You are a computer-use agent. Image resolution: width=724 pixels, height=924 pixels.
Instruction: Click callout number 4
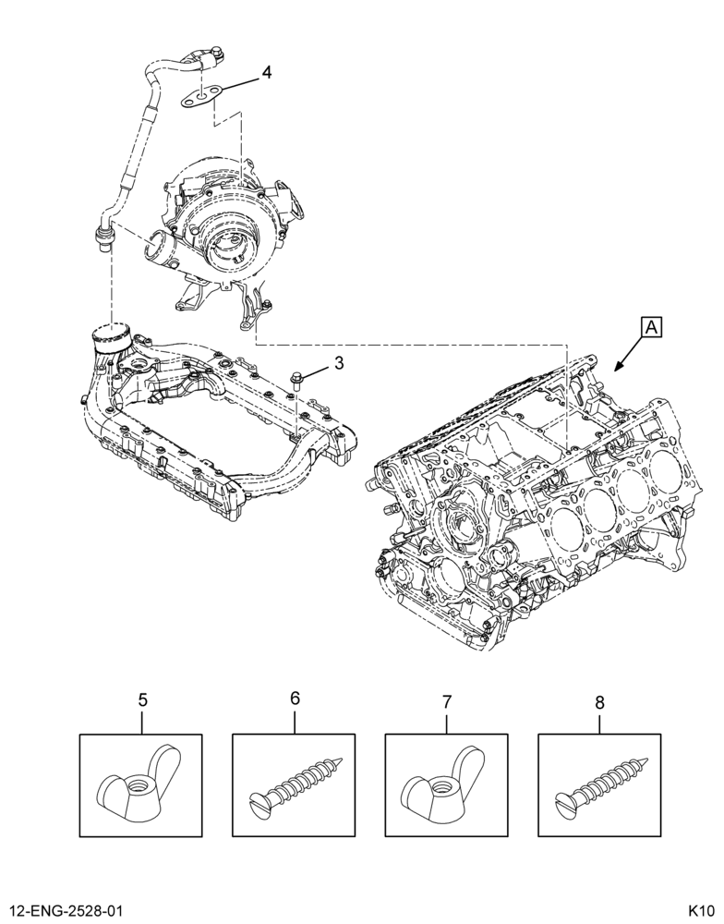tap(267, 72)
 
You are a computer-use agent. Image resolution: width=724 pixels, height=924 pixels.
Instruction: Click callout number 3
tap(338, 363)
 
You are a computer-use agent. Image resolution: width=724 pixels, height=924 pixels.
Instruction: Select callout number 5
tap(142, 700)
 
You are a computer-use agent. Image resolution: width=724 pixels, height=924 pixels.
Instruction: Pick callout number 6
tap(296, 699)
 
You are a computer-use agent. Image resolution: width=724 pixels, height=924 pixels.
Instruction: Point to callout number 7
tap(446, 701)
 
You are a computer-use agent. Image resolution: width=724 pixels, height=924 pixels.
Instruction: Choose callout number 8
tap(599, 702)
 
